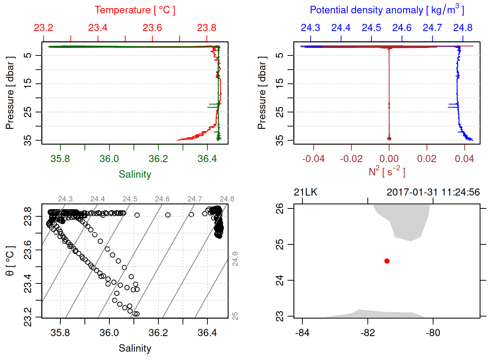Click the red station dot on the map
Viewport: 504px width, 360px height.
tap(387, 261)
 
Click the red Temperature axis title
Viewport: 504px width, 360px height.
tap(135, 10)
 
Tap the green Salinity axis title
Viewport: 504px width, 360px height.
tap(135, 174)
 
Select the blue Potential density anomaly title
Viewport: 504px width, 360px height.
tap(387, 10)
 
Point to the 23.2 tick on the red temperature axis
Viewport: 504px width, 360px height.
tap(43, 28)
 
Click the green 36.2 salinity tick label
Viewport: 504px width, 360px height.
tap(158, 159)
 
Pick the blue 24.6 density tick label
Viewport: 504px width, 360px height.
tap(402, 28)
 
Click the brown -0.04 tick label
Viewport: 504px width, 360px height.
tap(313, 159)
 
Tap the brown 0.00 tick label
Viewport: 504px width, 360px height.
tap(389, 159)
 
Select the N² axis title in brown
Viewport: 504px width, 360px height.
tap(387, 172)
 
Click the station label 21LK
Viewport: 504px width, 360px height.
tap(305, 192)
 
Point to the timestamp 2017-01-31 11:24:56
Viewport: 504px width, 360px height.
tap(433, 192)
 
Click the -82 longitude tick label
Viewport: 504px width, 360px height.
tap(367, 333)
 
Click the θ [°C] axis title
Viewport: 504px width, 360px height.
tap(10, 261)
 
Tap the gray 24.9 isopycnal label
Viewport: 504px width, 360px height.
tap(235, 259)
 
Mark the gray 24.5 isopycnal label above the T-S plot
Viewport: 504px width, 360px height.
tap(130, 199)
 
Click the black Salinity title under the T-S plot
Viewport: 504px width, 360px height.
tap(135, 348)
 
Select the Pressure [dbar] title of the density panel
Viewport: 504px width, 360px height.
tap(262, 93)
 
